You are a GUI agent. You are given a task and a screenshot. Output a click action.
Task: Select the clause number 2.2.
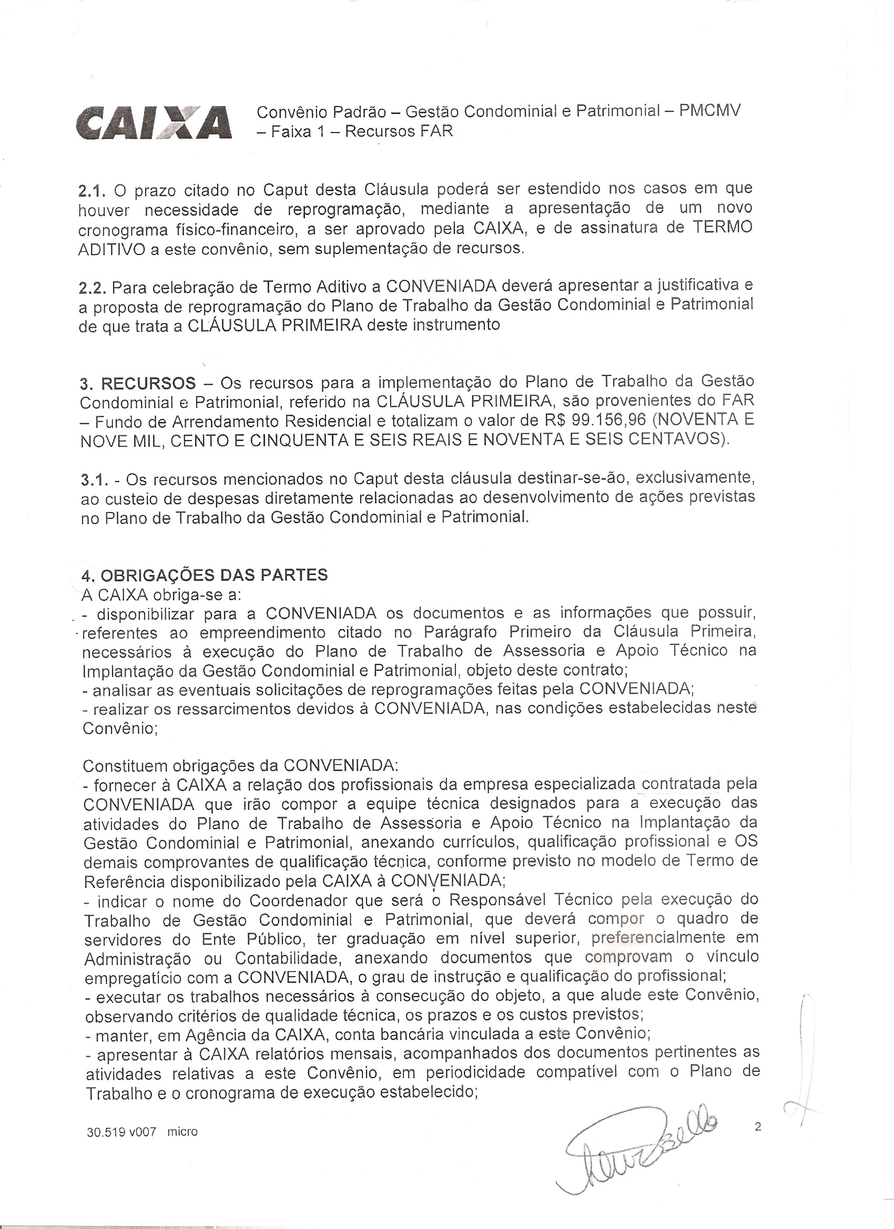tap(93, 286)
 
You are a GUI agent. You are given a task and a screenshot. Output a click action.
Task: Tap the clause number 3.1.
tap(94, 479)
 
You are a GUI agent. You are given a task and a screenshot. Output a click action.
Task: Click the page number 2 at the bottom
tap(757, 1126)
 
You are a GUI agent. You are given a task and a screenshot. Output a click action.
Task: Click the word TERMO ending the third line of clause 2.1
tap(723, 228)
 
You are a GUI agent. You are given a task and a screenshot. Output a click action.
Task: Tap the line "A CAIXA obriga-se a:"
tap(161, 595)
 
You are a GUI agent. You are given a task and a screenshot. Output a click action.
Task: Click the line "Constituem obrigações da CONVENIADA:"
tap(241, 766)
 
